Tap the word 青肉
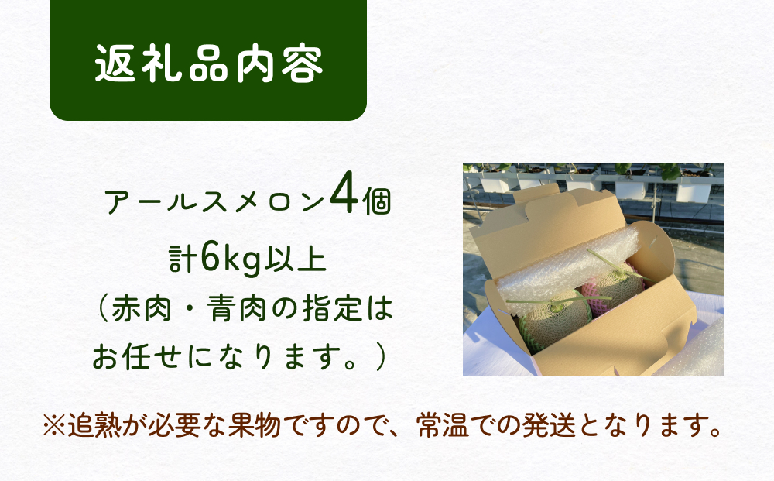[x=247, y=311]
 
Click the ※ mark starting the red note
[x=56, y=425]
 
